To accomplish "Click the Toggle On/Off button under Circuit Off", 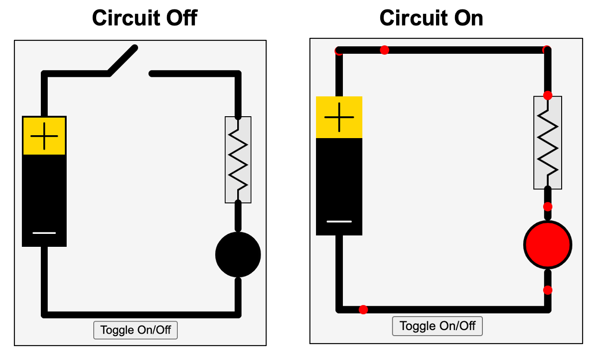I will tap(136, 330).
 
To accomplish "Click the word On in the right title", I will tap(466, 18).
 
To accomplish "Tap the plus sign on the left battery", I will tap(44, 136).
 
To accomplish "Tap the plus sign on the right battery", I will tap(339, 117).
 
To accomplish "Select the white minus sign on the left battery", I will tap(44, 233).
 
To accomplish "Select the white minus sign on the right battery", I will tap(339, 221).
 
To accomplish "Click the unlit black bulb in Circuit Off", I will tap(238, 254).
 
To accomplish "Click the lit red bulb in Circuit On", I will tap(547, 245).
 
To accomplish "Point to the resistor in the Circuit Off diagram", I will tap(238, 160).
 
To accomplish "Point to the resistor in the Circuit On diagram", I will tap(548, 142).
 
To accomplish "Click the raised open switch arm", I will tap(123, 61).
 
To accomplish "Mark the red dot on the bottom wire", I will tap(363, 310).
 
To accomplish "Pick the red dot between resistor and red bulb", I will tap(548, 206).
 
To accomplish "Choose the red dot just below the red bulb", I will tap(548, 290).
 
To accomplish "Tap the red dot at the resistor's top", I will tap(548, 95).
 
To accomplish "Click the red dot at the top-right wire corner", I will tap(547, 50).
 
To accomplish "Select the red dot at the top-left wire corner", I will tap(339, 51).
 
